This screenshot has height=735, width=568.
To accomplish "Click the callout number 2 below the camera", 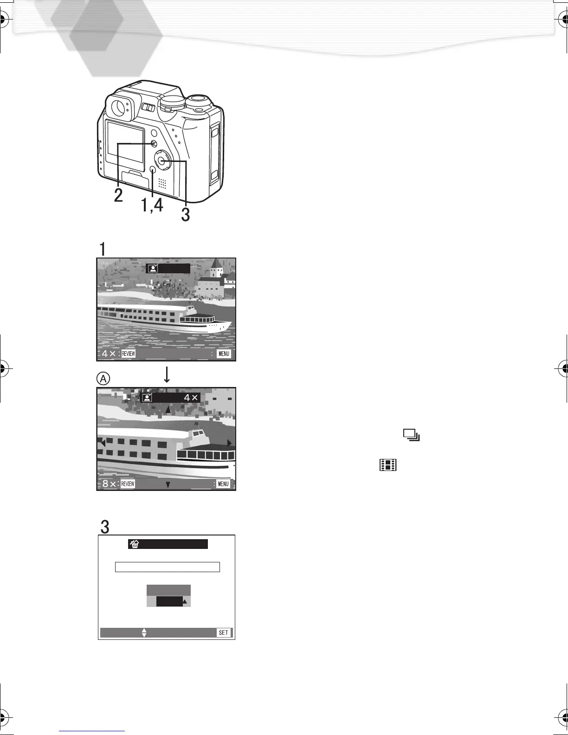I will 118,195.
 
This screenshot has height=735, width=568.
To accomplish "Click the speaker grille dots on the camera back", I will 162,183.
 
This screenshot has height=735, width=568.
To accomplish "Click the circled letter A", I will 103,379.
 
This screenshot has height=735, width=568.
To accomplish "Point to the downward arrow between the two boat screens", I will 167,374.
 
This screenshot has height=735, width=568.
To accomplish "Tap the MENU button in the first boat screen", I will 224,354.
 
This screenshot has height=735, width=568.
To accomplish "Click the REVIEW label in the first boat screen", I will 128,354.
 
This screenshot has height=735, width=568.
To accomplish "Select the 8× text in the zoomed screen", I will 109,484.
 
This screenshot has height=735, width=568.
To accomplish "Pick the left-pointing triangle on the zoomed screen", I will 103,444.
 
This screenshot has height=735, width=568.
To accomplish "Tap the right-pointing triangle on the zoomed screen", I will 229,443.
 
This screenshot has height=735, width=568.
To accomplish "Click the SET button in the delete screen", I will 224,632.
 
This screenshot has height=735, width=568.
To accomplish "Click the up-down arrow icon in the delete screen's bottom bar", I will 144,632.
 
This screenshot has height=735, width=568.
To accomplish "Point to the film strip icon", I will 388,465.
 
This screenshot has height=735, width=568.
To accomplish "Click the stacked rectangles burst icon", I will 411,435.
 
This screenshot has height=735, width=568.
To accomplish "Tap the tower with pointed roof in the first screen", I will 216,269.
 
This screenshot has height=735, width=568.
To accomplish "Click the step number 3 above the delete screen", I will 105,527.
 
